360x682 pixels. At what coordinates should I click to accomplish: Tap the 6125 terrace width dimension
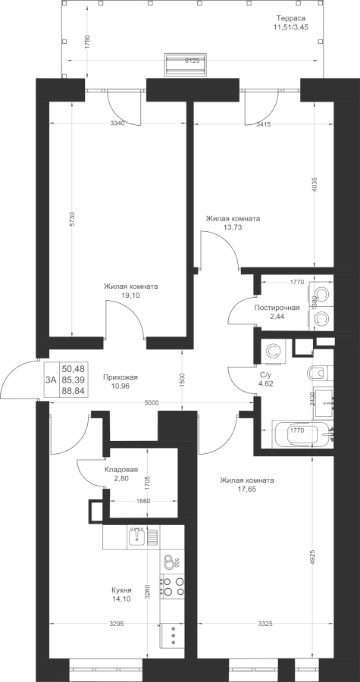click(192, 61)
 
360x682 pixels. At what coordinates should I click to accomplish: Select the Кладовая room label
click(121, 470)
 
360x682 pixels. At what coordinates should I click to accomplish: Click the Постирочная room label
click(277, 308)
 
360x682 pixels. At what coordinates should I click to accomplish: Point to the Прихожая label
click(117, 377)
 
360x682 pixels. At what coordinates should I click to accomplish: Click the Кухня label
click(121, 590)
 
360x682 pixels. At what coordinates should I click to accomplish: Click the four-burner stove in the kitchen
click(173, 586)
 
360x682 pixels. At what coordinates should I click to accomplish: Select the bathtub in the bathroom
click(302, 434)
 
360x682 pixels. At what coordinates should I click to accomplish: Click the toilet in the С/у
click(320, 372)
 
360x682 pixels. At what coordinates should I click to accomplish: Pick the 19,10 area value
click(130, 295)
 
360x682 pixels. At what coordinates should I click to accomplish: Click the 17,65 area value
click(246, 489)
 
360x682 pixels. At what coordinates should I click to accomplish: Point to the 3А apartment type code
click(51, 380)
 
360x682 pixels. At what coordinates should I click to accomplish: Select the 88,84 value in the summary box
click(73, 390)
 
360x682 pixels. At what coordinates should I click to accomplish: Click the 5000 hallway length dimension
click(152, 403)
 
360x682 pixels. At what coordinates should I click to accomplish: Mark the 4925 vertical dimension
click(313, 557)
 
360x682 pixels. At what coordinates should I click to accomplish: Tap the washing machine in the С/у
click(274, 351)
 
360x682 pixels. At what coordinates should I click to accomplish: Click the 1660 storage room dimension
click(143, 501)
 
